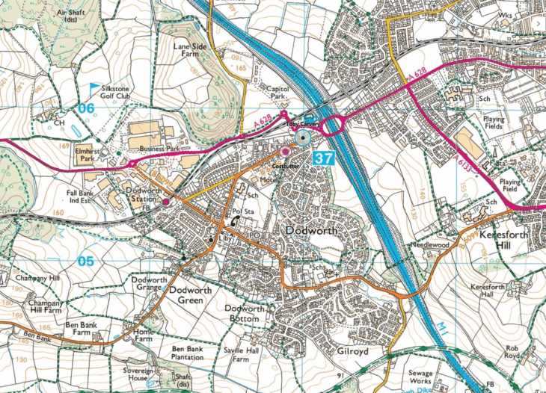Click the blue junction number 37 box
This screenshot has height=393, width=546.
[x=324, y=158]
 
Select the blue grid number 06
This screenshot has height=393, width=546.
[x=87, y=109]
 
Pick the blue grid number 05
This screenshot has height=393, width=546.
[x=87, y=262]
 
